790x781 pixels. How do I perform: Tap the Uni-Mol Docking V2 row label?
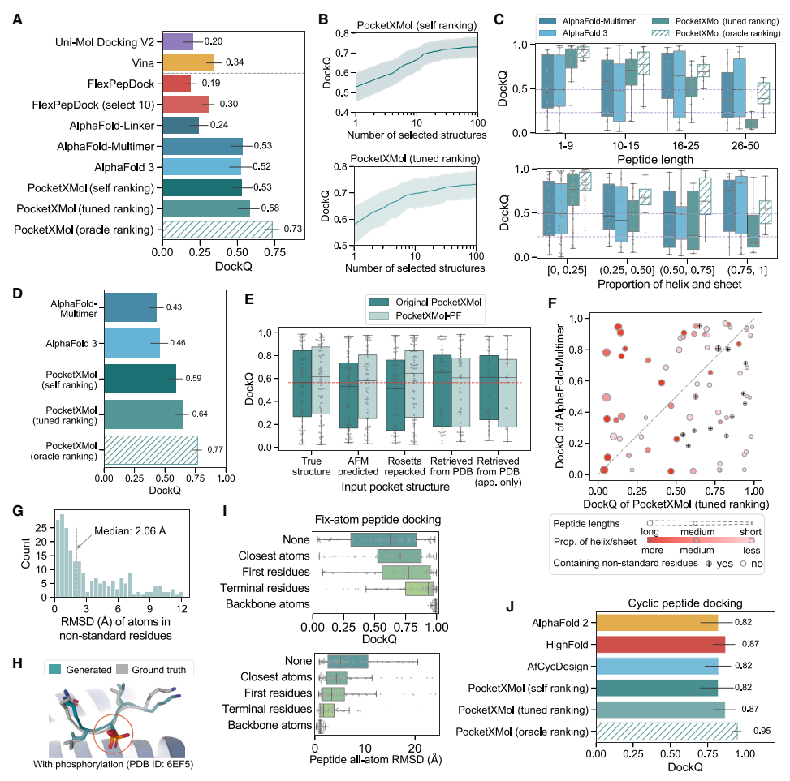[105, 40]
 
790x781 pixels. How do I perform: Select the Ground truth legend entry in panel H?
[155, 669]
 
